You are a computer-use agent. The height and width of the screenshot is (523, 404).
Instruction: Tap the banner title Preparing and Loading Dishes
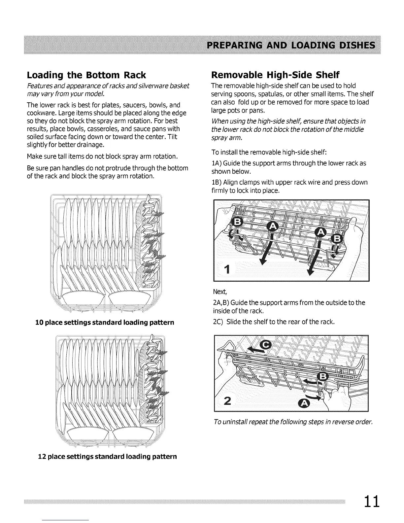290,45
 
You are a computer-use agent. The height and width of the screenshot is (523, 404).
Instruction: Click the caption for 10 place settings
105,322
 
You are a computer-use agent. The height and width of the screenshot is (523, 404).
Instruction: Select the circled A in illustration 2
304,403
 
